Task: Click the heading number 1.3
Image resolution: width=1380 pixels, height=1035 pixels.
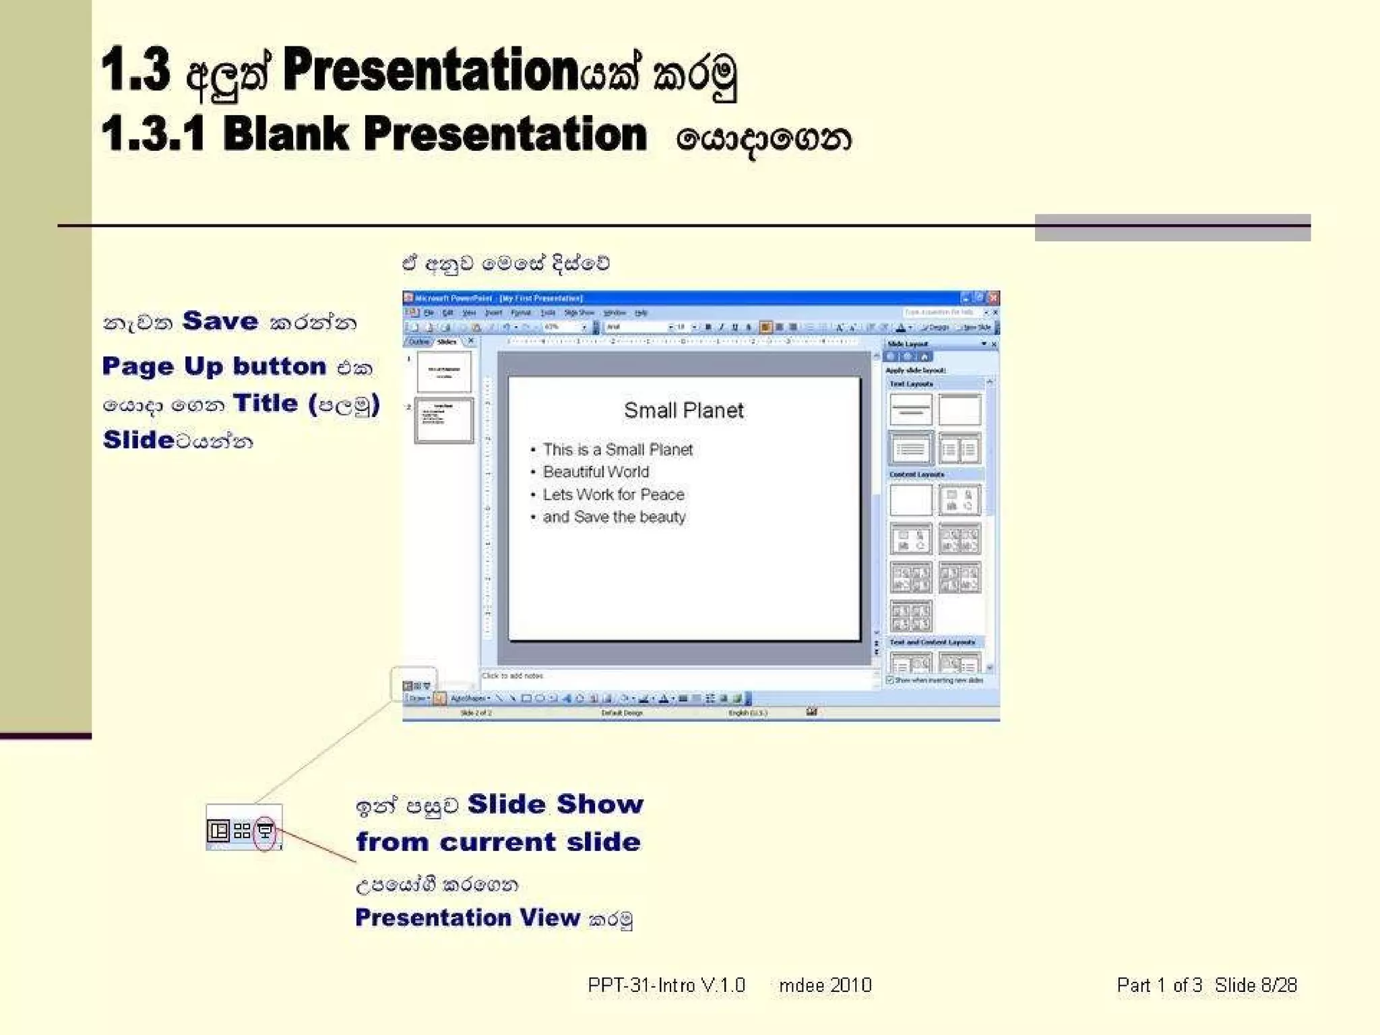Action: click(x=136, y=70)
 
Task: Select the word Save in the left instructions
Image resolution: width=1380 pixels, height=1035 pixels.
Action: click(x=220, y=321)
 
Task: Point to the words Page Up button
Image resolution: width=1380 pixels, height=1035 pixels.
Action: click(x=214, y=366)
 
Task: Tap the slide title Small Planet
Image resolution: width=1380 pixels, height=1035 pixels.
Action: click(x=683, y=410)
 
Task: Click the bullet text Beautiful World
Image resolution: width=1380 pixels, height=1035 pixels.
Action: click(x=596, y=472)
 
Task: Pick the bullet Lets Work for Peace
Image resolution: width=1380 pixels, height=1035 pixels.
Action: click(x=613, y=495)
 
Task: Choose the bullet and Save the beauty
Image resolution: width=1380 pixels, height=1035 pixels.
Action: click(x=614, y=517)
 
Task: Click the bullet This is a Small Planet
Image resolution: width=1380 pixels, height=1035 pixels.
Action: click(x=617, y=449)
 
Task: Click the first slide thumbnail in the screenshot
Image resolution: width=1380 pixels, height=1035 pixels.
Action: click(x=444, y=371)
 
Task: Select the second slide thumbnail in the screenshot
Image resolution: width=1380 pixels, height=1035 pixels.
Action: click(x=444, y=420)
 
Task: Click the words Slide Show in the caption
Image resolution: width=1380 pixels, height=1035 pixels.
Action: click(x=555, y=804)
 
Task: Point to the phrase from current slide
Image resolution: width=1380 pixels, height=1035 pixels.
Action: click(x=498, y=842)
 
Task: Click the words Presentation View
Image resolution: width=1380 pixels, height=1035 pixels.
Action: click(x=467, y=917)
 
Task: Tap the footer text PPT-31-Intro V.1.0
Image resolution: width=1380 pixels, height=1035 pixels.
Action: click(x=666, y=985)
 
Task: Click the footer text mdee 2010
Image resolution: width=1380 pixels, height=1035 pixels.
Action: click(x=825, y=985)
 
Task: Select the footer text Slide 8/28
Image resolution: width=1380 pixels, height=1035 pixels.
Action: click(x=1255, y=985)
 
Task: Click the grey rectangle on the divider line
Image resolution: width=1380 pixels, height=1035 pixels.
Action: click(x=1172, y=227)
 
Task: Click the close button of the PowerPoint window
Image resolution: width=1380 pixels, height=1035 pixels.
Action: click(x=993, y=297)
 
